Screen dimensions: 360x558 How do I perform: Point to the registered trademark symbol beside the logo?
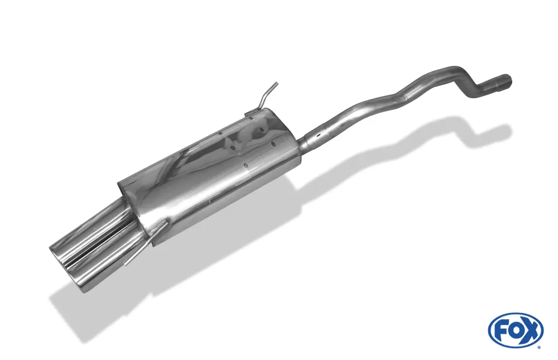point(539,347)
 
